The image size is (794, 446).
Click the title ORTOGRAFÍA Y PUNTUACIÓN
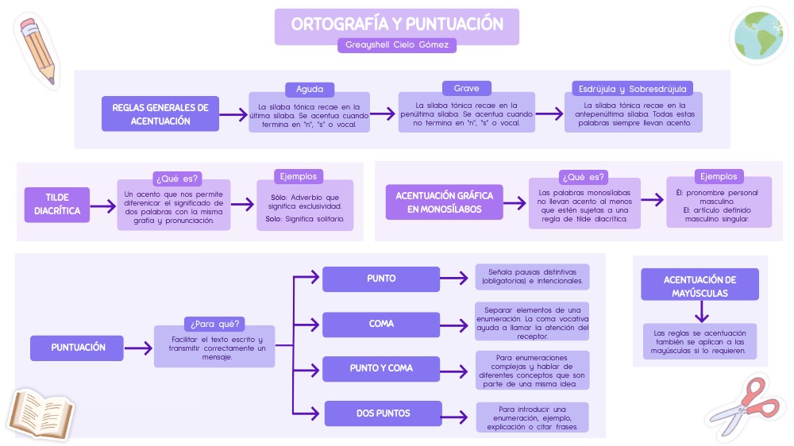[x=397, y=24]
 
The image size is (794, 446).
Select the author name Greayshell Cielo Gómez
[x=397, y=45]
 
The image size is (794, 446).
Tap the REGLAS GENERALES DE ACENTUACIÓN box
[x=160, y=114]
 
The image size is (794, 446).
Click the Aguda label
[x=310, y=89]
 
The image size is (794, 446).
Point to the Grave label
[x=466, y=88]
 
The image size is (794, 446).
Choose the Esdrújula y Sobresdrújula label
[x=633, y=89]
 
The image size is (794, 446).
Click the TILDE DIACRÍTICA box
[x=57, y=204]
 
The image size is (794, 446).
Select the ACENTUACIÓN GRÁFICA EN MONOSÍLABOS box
[x=444, y=202]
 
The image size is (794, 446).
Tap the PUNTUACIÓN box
[x=78, y=348]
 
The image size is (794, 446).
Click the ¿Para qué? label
[x=214, y=324]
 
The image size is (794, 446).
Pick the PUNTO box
[x=381, y=279]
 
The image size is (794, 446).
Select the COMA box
[x=381, y=324]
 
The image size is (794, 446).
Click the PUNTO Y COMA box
[x=381, y=368]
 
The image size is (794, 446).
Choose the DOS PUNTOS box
[x=383, y=413]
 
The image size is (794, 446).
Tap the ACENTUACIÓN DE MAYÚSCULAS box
[x=700, y=286]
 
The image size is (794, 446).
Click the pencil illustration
[x=37, y=49]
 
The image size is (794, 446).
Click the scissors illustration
[x=742, y=407]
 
